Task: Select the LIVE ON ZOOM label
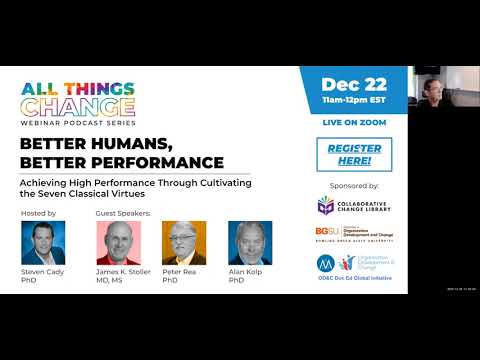coord(353,122)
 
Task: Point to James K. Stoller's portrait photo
coord(117,242)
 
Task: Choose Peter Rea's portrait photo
coord(183,242)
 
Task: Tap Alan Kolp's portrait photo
coord(249,242)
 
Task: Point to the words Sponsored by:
coord(353,186)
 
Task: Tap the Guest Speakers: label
coord(124,213)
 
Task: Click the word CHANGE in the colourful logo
coord(78,105)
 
